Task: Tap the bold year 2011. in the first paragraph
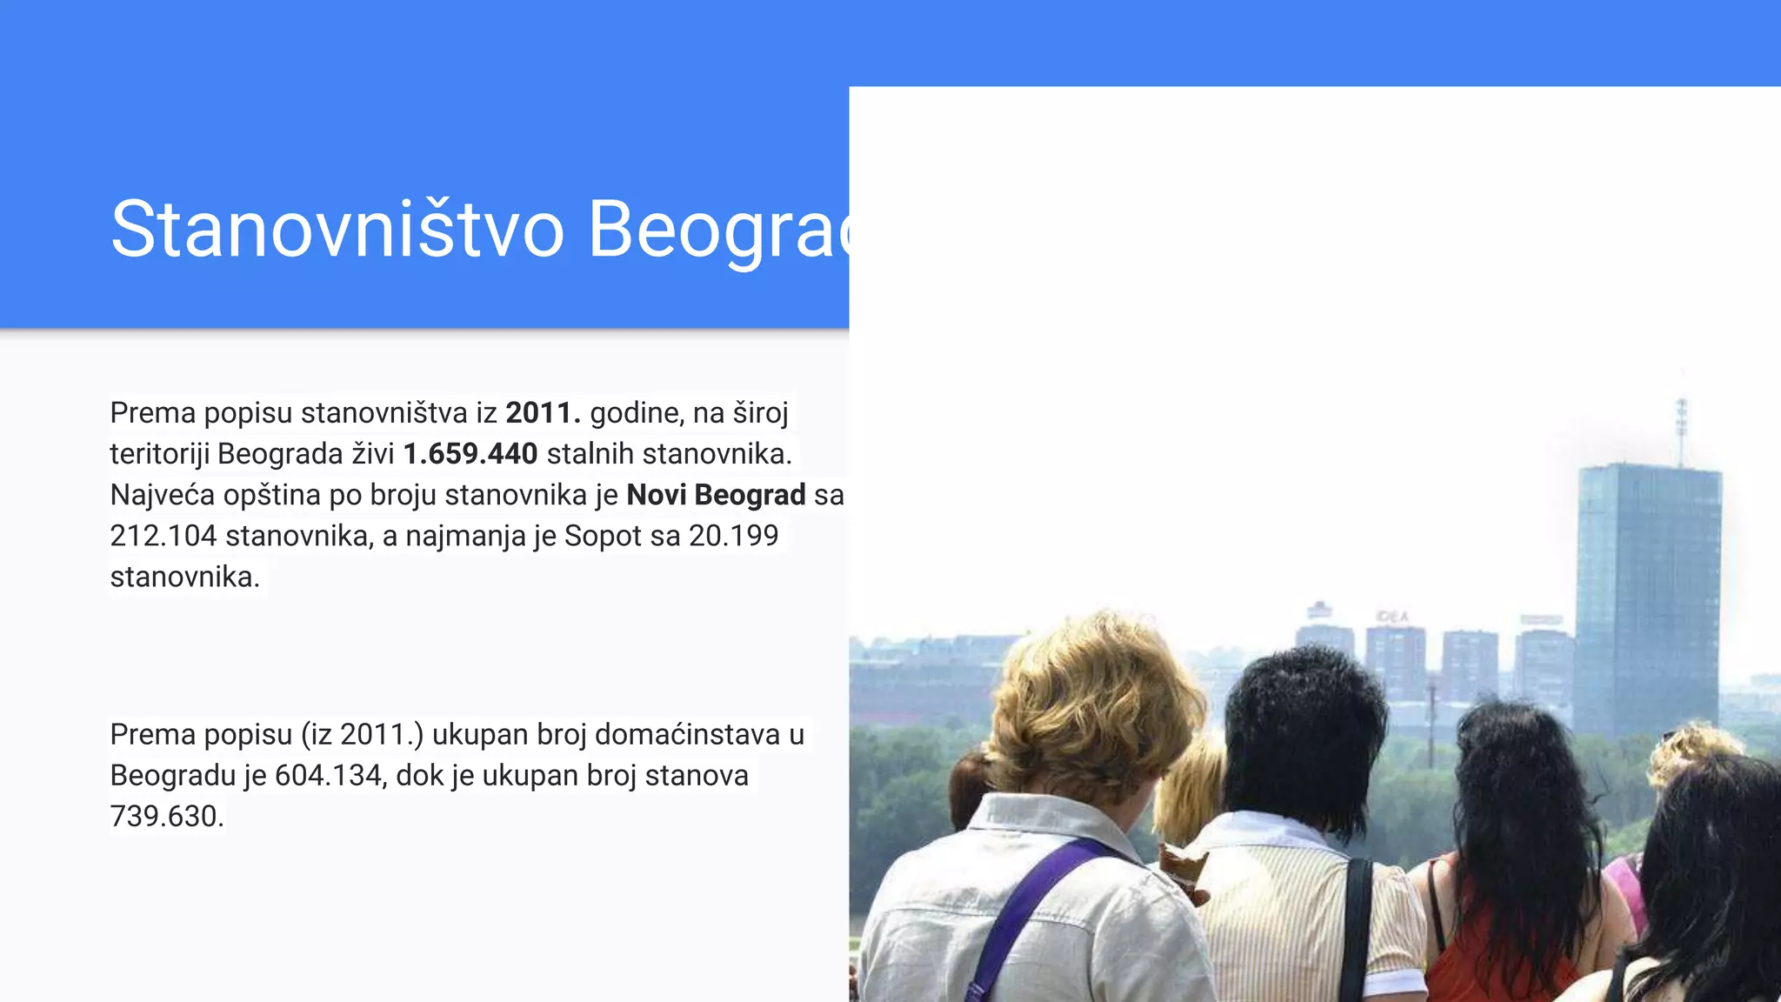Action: (x=543, y=413)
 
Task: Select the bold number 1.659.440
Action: (x=470, y=454)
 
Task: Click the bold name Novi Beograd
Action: (x=716, y=495)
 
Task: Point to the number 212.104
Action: (x=163, y=536)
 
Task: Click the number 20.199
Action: (x=733, y=536)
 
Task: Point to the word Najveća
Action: (x=162, y=495)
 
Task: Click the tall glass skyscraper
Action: (x=1646, y=600)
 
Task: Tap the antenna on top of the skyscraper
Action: (x=1682, y=431)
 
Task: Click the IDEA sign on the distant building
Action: (x=1392, y=617)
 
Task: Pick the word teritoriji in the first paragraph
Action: (x=158, y=454)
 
